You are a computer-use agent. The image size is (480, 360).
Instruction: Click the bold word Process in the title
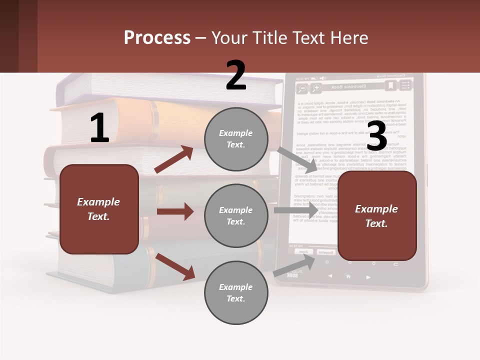157,38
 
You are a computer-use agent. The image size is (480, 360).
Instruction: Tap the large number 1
99,128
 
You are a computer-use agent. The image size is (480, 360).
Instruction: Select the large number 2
236,75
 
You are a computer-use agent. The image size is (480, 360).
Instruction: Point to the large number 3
377,136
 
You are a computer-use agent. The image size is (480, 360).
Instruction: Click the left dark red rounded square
99,209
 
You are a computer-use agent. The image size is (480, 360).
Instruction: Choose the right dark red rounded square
377,216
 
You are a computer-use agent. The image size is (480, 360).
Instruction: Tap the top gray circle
236,139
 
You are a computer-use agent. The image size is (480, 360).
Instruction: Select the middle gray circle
236,216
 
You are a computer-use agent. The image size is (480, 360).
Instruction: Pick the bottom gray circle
236,293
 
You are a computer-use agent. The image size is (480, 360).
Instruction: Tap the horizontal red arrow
175,211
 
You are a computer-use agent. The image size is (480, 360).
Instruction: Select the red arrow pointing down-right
175,266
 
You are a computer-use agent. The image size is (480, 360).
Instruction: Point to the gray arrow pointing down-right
297,159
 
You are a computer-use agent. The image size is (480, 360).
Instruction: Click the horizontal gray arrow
295,210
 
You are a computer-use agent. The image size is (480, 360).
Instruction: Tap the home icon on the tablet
348,276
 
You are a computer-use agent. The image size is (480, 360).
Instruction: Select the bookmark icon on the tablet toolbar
391,86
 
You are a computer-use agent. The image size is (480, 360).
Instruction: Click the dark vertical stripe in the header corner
9,36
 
